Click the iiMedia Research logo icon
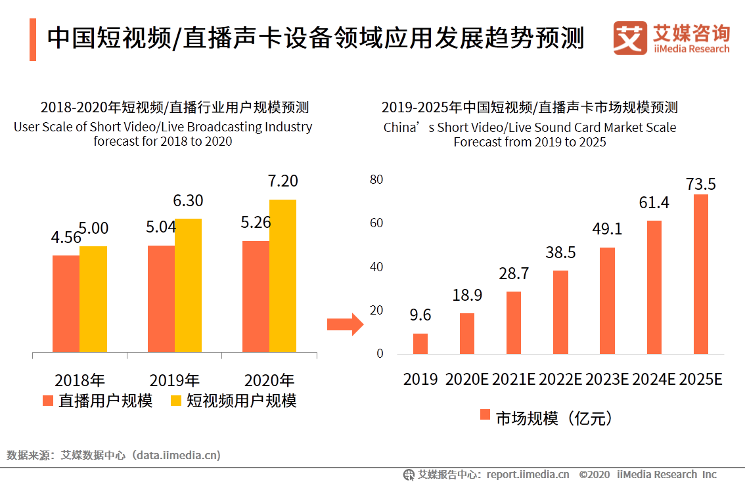click(629, 38)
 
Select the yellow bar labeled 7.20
click(282, 276)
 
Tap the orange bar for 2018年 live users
click(66, 303)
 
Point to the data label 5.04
click(162, 227)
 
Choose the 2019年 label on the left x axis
click(174, 380)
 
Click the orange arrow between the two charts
click(345, 324)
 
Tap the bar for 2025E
click(700, 274)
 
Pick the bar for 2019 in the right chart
click(420, 343)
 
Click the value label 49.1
click(607, 229)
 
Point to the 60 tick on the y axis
click(376, 223)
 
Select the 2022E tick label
click(560, 380)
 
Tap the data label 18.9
click(466, 296)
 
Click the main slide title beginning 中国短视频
click(315, 38)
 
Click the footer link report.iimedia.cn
click(528, 474)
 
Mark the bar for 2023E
click(607, 301)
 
